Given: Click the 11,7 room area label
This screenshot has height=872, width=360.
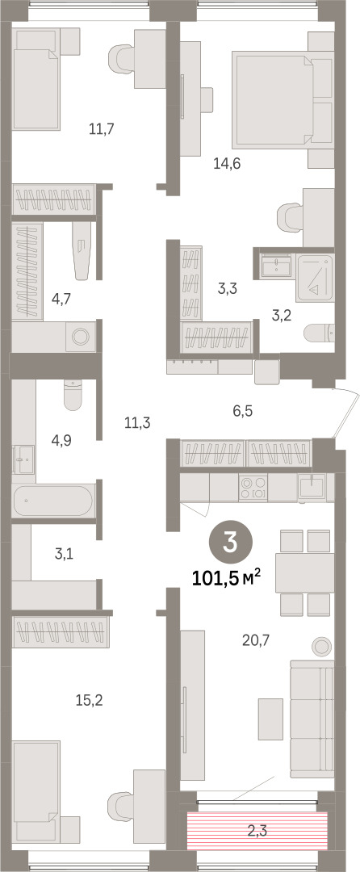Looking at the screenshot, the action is (101, 129).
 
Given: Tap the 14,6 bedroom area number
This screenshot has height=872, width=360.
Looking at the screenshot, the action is (226, 163).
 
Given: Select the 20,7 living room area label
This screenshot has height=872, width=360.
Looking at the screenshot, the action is (256, 642).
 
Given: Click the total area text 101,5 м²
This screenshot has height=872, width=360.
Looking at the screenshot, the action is (226, 579).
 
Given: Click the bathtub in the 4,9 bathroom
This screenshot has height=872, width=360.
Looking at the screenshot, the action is (53, 501).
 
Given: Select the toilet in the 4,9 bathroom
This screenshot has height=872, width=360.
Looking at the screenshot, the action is (73, 394).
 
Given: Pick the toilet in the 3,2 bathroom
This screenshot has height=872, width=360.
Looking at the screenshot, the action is (319, 333).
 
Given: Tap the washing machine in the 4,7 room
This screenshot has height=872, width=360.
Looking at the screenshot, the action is (81, 336).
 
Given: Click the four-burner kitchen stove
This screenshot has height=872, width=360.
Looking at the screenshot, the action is (253, 488).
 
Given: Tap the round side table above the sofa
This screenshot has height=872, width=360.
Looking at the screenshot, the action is (321, 646).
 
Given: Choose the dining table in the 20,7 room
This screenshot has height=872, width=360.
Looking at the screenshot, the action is (304, 572).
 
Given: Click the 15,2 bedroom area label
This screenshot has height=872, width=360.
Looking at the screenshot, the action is (90, 700).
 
